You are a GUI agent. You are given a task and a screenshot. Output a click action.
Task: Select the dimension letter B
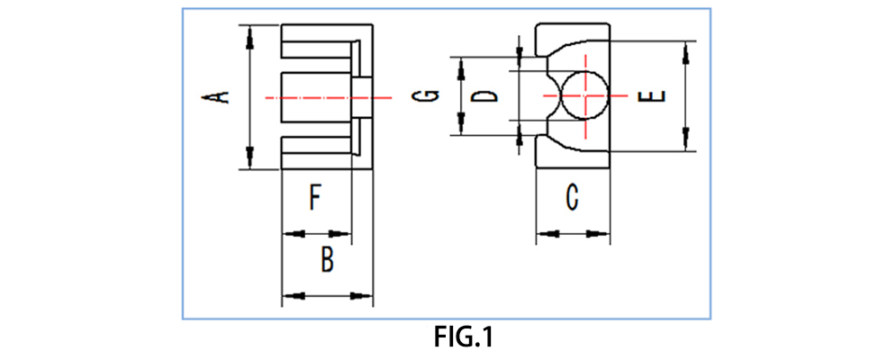point(328,261)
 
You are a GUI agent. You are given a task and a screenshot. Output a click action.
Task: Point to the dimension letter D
point(485,94)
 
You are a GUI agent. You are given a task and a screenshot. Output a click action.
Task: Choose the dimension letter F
point(314,197)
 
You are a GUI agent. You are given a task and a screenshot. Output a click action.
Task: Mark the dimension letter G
point(431,95)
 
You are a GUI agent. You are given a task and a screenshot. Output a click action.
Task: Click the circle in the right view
point(583,95)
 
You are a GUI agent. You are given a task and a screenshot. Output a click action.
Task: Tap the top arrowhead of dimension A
point(251,34)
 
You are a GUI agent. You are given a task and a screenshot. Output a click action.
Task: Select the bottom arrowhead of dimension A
point(251,160)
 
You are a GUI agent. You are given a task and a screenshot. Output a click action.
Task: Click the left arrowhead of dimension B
point(292,295)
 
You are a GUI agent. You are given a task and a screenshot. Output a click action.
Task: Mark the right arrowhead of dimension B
point(364,295)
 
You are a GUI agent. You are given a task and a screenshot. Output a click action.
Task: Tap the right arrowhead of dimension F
point(341,234)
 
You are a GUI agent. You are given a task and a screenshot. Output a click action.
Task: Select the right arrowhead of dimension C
point(599,235)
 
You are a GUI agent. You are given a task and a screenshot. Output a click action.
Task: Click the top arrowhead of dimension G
point(461,64)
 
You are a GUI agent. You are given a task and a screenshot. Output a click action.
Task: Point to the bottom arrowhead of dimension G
point(461,127)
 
